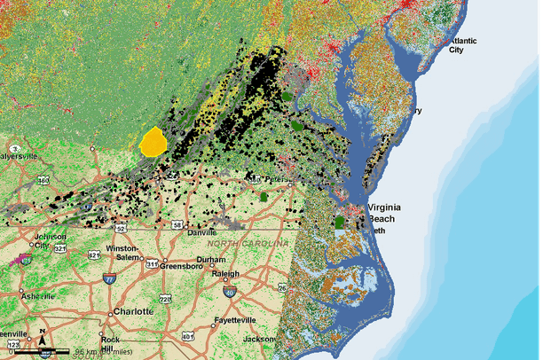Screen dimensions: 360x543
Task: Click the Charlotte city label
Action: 133,312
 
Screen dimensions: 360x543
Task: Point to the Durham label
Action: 211,260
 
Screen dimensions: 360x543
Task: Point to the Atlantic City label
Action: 463,45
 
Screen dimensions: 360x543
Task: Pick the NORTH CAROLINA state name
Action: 248,243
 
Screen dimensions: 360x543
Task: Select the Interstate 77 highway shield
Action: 110,279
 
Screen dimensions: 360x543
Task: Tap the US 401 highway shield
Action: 187,336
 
